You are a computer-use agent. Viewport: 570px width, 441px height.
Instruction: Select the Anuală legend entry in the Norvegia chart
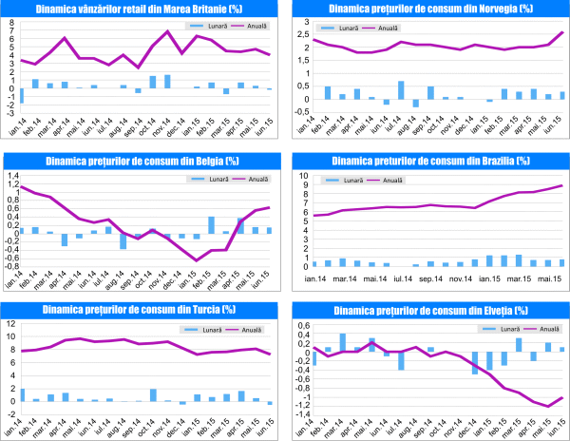click(x=387, y=29)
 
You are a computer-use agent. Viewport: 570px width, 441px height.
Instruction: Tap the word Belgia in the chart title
click(x=196, y=159)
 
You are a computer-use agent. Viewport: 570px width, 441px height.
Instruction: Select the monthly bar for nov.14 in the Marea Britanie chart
click(x=167, y=81)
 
